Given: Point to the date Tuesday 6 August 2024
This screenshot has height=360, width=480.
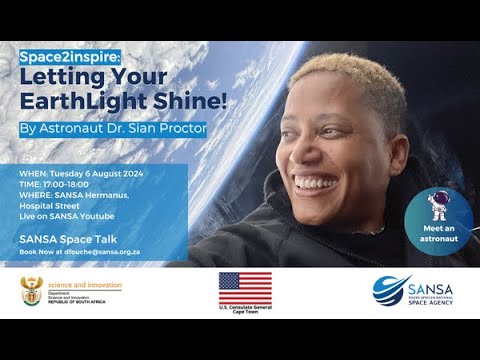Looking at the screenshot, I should [95, 174].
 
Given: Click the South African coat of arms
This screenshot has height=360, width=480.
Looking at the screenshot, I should [31, 291].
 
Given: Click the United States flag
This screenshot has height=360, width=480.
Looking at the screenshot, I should [245, 286].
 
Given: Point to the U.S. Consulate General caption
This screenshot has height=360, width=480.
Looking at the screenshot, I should [245, 304].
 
